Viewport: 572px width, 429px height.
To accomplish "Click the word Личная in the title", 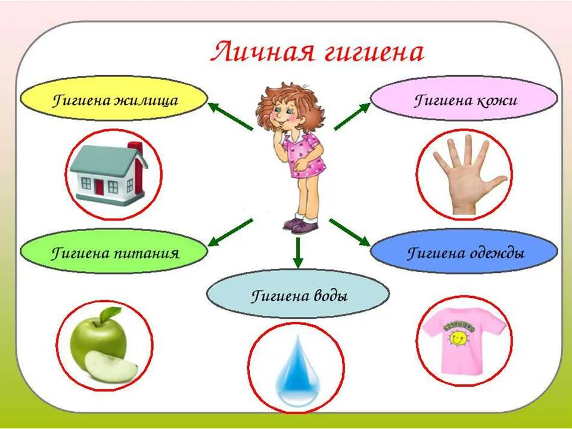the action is pyautogui.click(x=263, y=52).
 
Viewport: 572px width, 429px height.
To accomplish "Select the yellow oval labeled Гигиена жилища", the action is pyautogui.click(x=114, y=98).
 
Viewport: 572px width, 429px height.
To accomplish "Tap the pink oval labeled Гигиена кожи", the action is pyautogui.click(x=464, y=98).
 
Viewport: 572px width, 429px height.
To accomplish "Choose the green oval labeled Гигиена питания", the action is pyautogui.click(x=114, y=251).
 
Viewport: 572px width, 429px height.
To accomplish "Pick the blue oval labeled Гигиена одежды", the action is pyautogui.click(x=464, y=251).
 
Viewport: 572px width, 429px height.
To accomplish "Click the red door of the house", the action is pyautogui.click(x=100, y=186).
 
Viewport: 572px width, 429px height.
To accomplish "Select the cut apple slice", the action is pyautogui.click(x=111, y=367).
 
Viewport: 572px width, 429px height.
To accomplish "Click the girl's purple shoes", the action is pyautogui.click(x=300, y=225).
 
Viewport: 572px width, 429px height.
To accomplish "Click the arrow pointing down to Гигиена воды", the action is pyautogui.click(x=298, y=253).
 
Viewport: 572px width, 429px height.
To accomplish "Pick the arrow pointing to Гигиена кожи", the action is pyautogui.click(x=352, y=116).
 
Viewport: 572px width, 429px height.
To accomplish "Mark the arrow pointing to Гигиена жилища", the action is pyautogui.click(x=230, y=116).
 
